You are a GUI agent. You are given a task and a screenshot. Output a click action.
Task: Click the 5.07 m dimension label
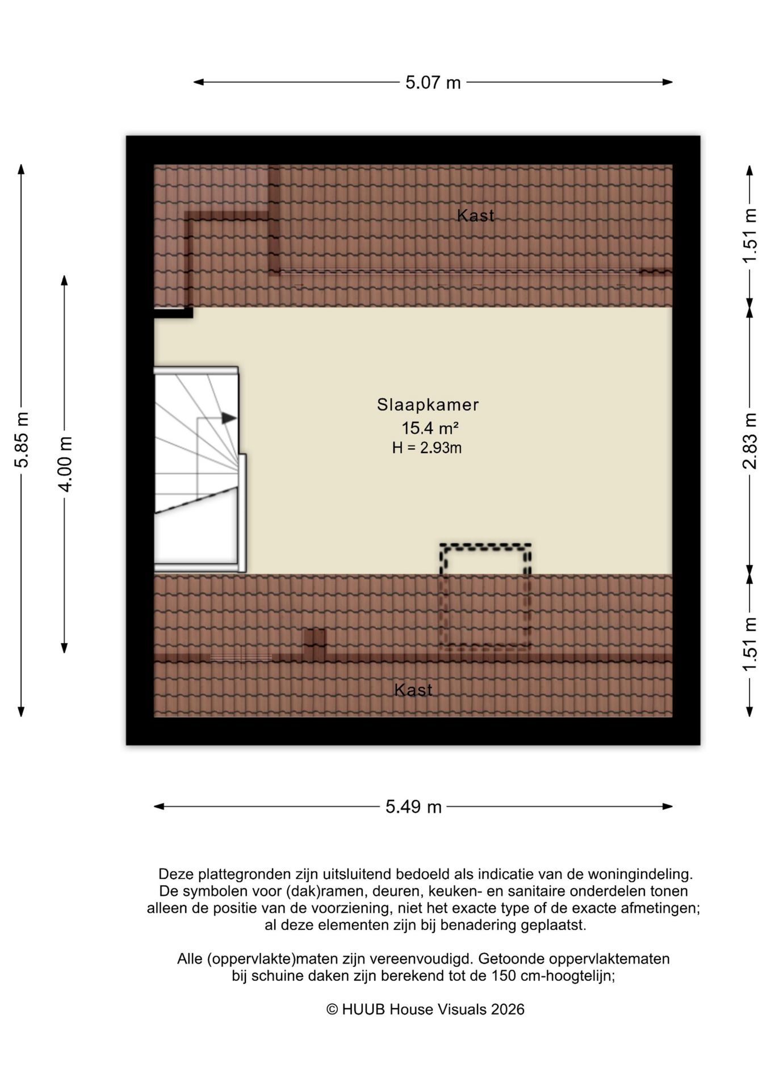pos(433,83)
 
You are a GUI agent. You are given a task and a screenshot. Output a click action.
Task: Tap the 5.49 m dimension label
pos(413,807)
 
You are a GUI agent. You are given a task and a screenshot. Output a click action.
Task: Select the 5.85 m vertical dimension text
pos(22,440)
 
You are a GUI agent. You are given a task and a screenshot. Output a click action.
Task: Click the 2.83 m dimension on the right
pos(750,441)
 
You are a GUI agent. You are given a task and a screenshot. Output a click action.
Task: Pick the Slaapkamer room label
pos(428,405)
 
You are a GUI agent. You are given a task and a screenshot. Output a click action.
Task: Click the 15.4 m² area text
pos(430,427)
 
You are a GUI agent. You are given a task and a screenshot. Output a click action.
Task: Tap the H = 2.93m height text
pos(426,448)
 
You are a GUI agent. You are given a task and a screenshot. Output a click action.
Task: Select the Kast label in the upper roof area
pos(476,216)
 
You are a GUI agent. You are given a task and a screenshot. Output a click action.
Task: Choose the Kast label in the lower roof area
pos(413,690)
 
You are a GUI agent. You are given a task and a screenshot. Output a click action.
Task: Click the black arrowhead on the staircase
pos(229,418)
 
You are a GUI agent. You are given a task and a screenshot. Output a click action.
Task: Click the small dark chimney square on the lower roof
pos(315,644)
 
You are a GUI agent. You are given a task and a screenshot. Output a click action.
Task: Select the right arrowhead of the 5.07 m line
pos(668,82)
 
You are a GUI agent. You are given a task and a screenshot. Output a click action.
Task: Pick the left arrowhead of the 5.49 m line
pos(159,807)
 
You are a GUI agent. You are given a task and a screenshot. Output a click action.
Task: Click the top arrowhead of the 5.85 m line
pos(22,170)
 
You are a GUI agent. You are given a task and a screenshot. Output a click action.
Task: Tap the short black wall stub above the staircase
pos(174,313)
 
